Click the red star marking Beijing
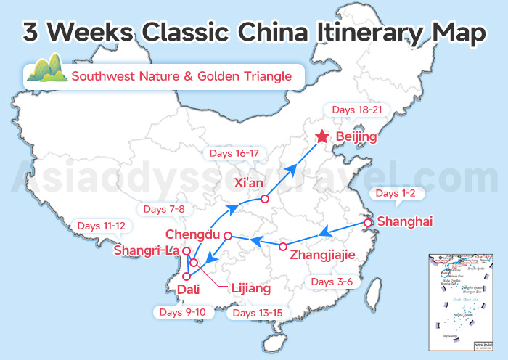pos(322,136)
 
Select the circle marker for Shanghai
pos(368,223)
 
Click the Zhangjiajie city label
pos(322,255)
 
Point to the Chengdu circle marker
pos(227,236)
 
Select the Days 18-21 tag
pos(356,110)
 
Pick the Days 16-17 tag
pos(234,153)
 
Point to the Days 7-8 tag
pos(165,209)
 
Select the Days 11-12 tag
pos(101,226)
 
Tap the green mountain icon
pos(46,69)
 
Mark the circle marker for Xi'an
pos(265,198)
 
